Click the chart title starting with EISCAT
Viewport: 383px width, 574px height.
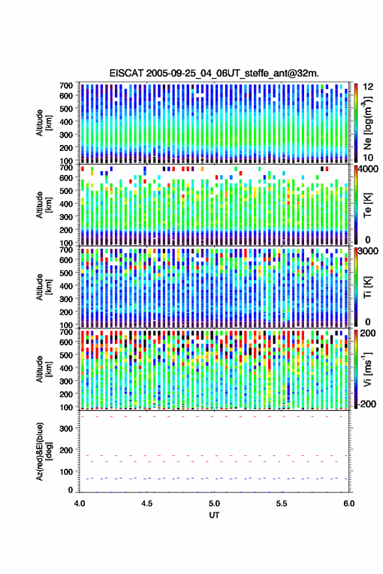(214, 73)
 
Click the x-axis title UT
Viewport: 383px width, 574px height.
(214, 515)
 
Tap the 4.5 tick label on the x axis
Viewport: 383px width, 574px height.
(147, 503)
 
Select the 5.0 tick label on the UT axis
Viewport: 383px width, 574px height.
(214, 503)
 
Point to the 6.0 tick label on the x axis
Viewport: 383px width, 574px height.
(348, 503)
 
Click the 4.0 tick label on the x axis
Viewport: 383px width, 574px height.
(80, 503)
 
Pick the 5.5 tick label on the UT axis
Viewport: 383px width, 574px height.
(281, 503)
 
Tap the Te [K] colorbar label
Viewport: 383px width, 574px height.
(367, 205)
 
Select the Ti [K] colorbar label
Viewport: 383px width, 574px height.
(367, 287)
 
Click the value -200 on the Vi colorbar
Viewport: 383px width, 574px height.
(367, 404)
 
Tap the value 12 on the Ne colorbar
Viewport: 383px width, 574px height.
(369, 86)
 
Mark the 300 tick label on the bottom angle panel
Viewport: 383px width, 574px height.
(66, 428)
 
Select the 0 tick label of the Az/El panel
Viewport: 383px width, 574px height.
(70, 490)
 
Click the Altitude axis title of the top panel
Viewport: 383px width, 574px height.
(44, 123)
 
